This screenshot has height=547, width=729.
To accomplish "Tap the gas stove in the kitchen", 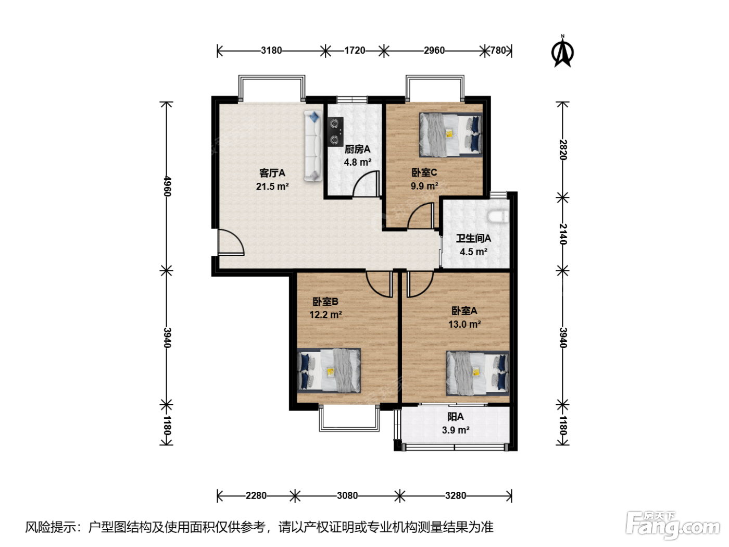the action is coord(335,132).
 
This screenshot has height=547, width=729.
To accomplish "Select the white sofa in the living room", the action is coord(313,146).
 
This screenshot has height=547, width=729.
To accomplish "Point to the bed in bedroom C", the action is coord(451,135).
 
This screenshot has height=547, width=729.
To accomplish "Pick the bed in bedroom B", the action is coord(329,370).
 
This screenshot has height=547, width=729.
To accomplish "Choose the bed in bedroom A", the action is coord(477,374).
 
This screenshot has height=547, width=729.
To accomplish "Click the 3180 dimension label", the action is coord(271,51).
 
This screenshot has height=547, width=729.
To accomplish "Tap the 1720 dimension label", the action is coord(355,51).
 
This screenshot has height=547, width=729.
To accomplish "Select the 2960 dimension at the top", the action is coord(434,51).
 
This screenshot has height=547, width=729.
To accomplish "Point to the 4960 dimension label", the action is coord(167,187).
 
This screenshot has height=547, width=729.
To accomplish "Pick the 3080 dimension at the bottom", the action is coord(347,496).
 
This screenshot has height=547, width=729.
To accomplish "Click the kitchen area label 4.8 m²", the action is coord(357,163).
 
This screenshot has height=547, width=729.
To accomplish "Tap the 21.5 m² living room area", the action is coord(272,187).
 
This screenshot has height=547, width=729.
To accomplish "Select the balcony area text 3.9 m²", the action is coord(456,430).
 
